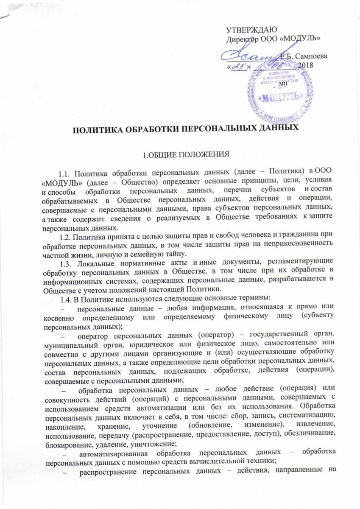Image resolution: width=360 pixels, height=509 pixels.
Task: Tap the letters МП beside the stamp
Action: click(283, 84)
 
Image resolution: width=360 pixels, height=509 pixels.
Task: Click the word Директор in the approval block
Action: click(241, 38)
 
